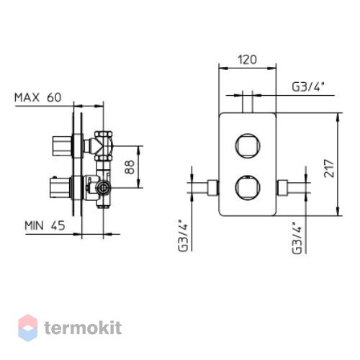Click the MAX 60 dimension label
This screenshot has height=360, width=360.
tap(38, 97)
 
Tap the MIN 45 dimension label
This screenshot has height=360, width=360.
tap(45, 225)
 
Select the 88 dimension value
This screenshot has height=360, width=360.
tap(130, 167)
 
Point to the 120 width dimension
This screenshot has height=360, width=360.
tap(247, 60)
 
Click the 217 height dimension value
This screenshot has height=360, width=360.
tap(329, 168)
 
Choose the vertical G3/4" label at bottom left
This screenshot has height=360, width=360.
tap(183, 235)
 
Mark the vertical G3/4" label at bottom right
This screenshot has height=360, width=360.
tap(297, 238)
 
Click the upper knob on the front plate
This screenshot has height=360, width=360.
tap(248, 145)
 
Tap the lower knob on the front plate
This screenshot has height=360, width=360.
tap(248, 187)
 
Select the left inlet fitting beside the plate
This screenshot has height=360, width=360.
tap(212, 187)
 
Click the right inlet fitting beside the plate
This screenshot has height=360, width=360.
tap(282, 187)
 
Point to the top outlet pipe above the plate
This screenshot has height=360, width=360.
tap(248, 102)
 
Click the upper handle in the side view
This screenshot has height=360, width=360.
tap(62, 145)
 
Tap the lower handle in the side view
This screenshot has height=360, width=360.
tap(60, 188)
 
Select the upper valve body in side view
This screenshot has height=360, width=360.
tap(104, 145)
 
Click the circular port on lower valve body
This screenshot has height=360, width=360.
tap(104, 187)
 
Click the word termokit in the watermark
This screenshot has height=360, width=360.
tap(83, 328)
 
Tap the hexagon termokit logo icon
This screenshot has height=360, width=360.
tap(28, 328)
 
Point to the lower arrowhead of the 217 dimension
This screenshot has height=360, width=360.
tap(338, 211)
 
